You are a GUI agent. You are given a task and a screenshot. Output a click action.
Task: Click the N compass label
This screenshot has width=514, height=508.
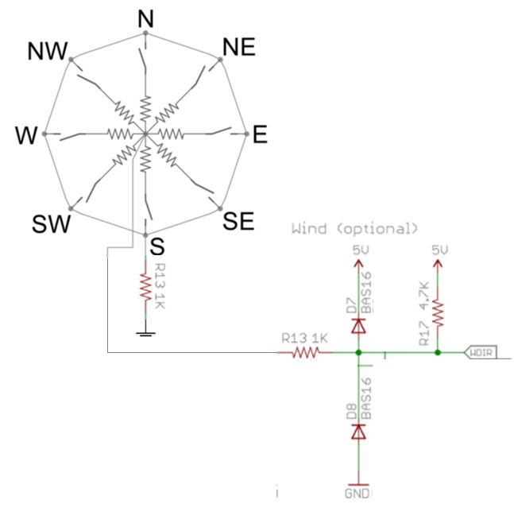point(145,17)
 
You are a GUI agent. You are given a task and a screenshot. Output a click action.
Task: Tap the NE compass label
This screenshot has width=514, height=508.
point(238,47)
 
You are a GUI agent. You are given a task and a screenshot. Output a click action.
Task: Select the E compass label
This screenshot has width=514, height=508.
point(260,136)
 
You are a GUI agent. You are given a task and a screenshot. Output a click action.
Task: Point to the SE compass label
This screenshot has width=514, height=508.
point(238,222)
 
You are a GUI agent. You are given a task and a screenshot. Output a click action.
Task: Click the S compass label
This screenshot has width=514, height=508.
point(157,246)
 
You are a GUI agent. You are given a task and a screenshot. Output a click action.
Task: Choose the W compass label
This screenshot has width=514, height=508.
point(26,137)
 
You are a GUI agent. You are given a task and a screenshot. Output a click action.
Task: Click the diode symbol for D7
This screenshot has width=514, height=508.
point(359,324)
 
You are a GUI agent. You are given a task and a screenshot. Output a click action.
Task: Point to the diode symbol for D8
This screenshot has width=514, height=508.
point(359,431)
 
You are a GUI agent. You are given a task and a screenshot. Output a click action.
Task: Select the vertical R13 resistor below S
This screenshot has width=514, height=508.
point(145,286)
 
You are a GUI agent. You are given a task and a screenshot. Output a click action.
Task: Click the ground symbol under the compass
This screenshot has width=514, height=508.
point(145,333)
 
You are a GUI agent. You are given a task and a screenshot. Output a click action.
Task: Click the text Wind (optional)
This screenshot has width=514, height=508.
point(354,229)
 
